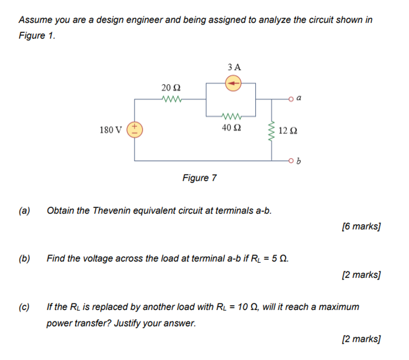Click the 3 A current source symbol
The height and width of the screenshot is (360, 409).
coord(233,83)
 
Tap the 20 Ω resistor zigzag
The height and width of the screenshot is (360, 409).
coord(171,98)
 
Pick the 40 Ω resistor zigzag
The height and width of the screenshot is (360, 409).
coord(230,115)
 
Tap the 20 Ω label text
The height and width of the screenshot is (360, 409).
coord(171,87)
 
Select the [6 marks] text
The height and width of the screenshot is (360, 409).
coord(360,226)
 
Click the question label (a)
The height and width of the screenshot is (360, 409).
coord(24,211)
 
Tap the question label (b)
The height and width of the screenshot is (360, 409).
coord(24,258)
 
